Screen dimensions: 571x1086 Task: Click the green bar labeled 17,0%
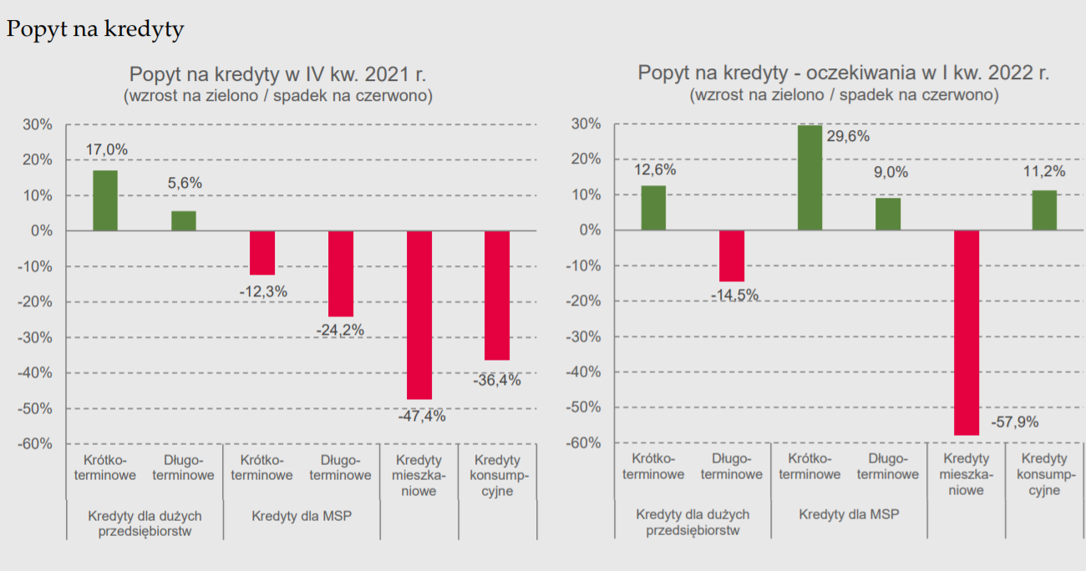point(105,200)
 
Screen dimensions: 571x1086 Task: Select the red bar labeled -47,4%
point(419,315)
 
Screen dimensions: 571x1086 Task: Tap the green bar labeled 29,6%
point(810,177)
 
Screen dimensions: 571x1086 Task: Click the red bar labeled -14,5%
point(732,255)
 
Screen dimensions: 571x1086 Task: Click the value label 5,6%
point(185,183)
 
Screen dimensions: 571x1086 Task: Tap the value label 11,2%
point(1044,171)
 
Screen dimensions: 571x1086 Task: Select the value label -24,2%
point(340,330)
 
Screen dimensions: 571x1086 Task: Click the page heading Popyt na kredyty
point(95,29)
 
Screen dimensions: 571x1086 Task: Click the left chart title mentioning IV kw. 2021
point(278,73)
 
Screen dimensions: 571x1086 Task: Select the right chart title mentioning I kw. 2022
point(844,73)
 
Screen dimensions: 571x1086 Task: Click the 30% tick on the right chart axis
point(585,124)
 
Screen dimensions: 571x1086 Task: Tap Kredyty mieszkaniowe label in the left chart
point(419,475)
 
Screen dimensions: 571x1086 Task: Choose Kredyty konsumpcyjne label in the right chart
point(1044,474)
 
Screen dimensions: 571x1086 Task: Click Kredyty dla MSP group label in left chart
point(302,515)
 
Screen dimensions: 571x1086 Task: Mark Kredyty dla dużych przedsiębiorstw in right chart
point(693,522)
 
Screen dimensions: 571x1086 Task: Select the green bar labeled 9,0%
point(888,214)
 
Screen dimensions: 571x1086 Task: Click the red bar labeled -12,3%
point(262,252)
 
